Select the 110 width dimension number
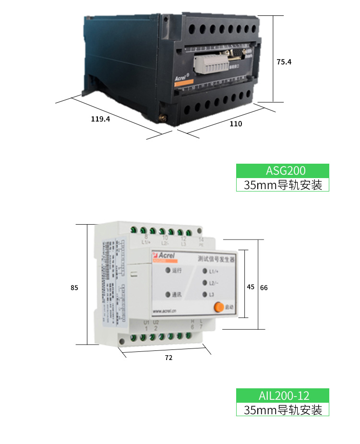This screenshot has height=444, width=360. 236,124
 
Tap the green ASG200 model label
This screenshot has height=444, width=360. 283,170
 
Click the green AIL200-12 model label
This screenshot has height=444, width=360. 283,396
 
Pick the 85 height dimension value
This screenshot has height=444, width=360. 74,288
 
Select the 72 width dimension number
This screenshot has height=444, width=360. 168,358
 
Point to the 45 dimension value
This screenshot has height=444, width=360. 250,287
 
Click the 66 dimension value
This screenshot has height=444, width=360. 264,288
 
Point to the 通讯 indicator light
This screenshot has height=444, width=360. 168,294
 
